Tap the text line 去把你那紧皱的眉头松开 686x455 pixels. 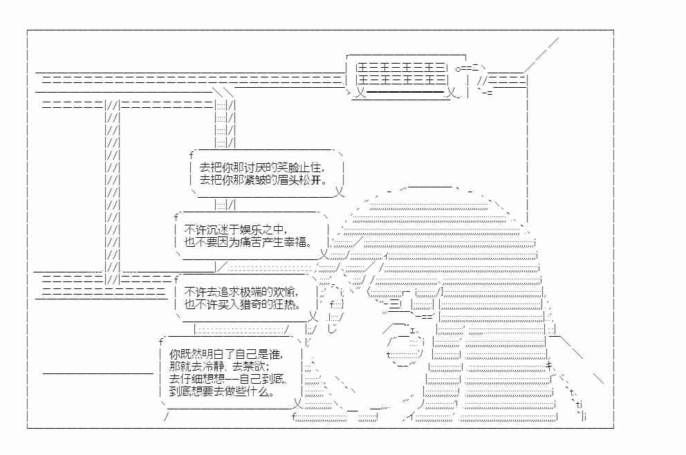[x=263, y=179]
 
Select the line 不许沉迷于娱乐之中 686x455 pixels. [x=236, y=230]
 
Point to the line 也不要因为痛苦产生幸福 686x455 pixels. [x=248, y=242]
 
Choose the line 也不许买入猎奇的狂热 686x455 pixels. [x=243, y=304]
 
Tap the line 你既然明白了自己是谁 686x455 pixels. [x=226, y=354]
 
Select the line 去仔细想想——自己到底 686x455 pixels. [x=228, y=379]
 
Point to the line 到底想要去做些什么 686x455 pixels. [x=222, y=391]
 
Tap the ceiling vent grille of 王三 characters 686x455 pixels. [x=402, y=74]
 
